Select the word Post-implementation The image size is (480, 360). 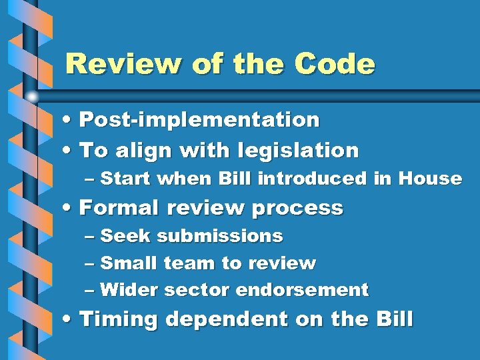(199, 120)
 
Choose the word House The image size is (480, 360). (430, 179)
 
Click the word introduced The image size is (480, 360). (311, 179)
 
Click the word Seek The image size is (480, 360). (126, 236)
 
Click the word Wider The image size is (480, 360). (129, 290)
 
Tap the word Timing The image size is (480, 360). (119, 320)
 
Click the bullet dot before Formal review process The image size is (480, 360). (70, 209)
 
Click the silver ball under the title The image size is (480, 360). (32, 97)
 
